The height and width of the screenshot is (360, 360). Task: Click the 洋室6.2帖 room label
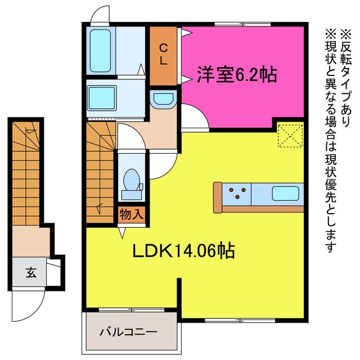pyautogui.click(x=237, y=74)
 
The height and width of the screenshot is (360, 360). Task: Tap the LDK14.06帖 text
pyautogui.click(x=184, y=250)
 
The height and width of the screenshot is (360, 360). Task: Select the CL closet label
pyautogui.click(x=164, y=55)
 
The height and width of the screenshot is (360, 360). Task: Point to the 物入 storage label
pyautogui.click(x=132, y=214)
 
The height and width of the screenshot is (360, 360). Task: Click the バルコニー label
pyautogui.click(x=129, y=332)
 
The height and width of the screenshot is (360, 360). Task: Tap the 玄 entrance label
pyautogui.click(x=31, y=272)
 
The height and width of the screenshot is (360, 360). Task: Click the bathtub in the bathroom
pyautogui.click(x=100, y=51)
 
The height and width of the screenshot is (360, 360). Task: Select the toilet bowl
pyautogui.click(x=132, y=180)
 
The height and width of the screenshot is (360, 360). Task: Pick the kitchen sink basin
pyautogui.click(x=286, y=193)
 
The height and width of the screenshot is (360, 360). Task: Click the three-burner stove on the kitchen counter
pyautogui.click(x=237, y=193)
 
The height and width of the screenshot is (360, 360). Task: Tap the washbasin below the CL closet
pyautogui.click(x=163, y=99)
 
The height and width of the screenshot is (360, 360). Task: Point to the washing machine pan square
pyautogui.click(x=102, y=98)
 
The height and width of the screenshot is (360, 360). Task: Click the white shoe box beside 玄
pyautogui.click(x=53, y=272)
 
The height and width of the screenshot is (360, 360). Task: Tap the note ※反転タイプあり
pyautogui.click(x=345, y=78)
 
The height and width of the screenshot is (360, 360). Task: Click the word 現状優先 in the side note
pyautogui.click(x=331, y=178)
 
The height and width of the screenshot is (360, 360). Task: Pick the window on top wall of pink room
pyautogui.click(x=242, y=24)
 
